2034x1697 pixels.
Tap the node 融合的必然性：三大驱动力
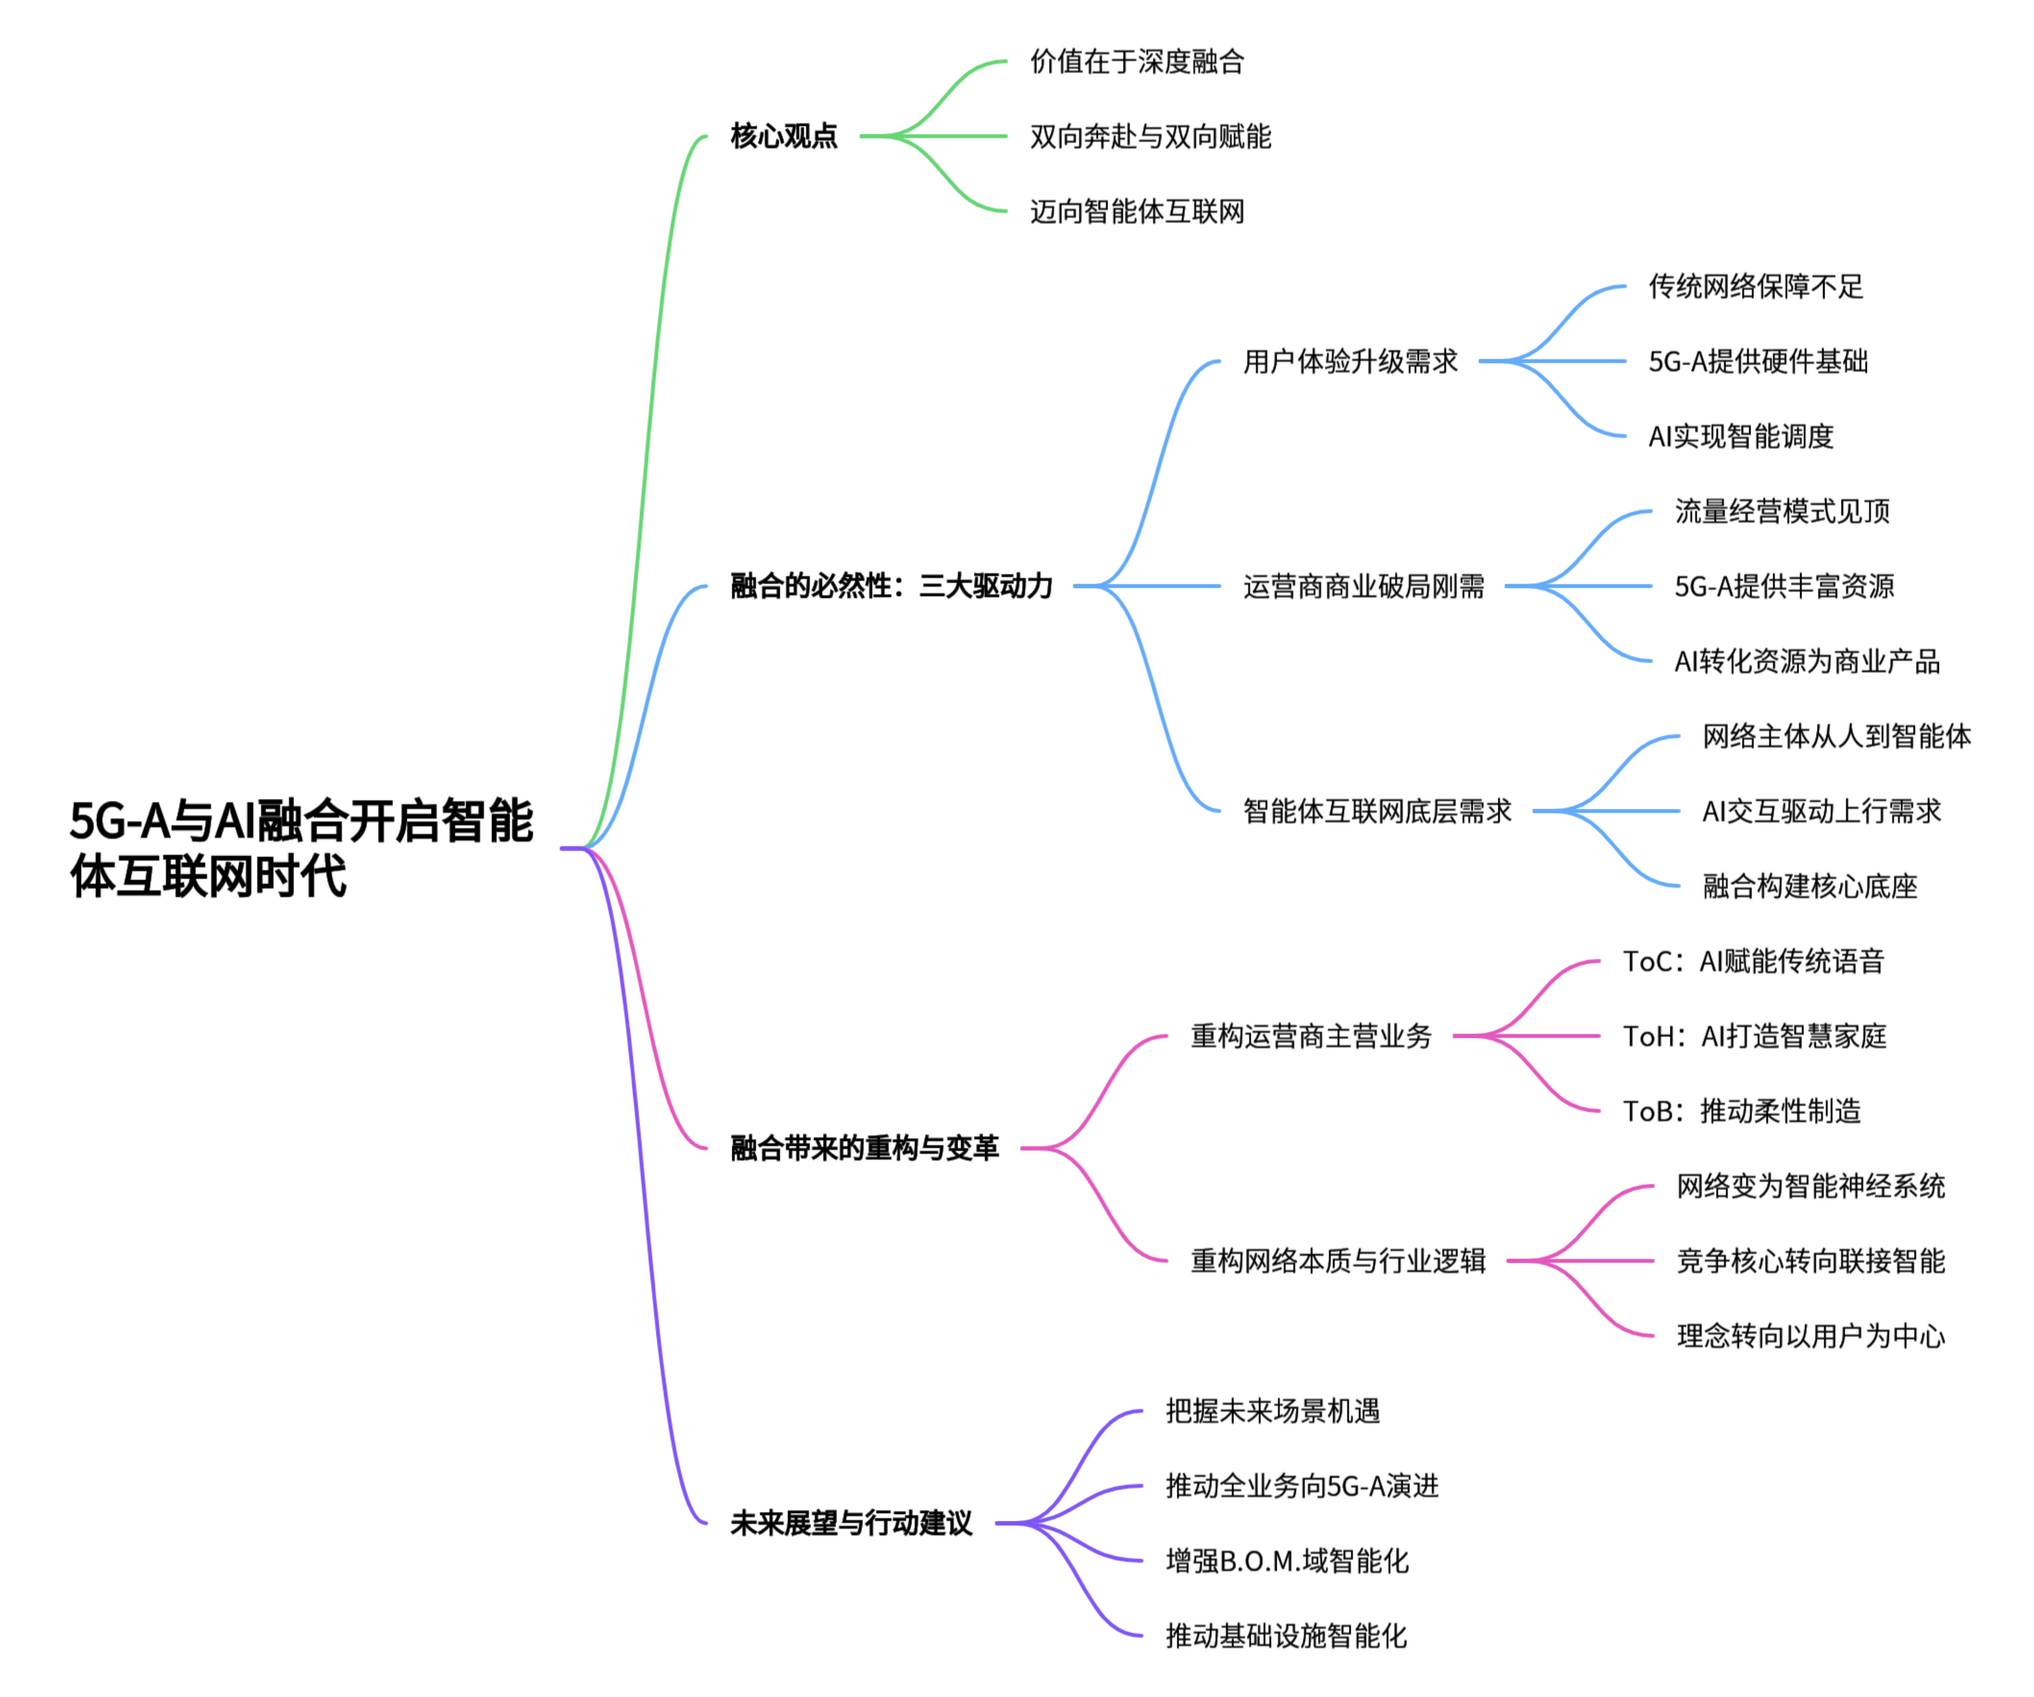click(x=891, y=586)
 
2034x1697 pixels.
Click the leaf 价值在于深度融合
click(x=1136, y=62)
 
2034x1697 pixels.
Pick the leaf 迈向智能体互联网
click(x=1136, y=211)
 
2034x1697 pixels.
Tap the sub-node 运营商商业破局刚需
click(x=1363, y=586)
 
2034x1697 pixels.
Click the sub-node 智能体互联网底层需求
click(x=1376, y=811)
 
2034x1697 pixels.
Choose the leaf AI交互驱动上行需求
click(x=1821, y=811)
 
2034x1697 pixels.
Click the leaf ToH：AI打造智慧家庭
click(x=1754, y=1036)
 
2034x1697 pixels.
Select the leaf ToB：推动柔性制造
click(x=1742, y=1111)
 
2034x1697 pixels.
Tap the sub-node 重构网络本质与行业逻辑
click(x=1338, y=1261)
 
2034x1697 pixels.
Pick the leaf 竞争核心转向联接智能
click(x=1810, y=1261)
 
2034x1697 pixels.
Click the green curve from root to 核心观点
click(x=647, y=484)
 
